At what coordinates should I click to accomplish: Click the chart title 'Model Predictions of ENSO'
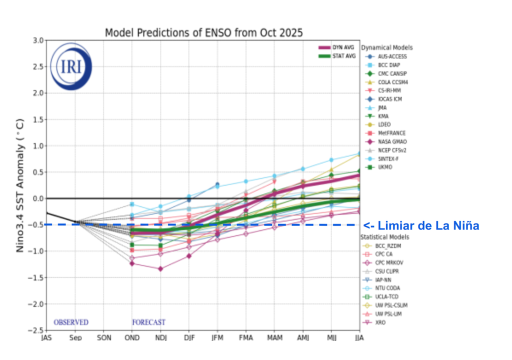tap(203, 33)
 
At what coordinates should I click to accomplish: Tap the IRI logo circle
tap(71, 66)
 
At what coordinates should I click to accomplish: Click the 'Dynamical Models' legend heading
tap(387, 47)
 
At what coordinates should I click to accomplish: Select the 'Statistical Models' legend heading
tap(385, 236)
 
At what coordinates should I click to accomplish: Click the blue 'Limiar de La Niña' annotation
tap(421, 225)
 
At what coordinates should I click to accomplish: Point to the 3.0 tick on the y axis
tap(38, 40)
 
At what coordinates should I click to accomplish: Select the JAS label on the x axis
tap(46, 338)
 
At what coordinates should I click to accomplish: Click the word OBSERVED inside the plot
tap(71, 322)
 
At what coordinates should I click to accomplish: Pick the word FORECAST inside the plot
tap(148, 322)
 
